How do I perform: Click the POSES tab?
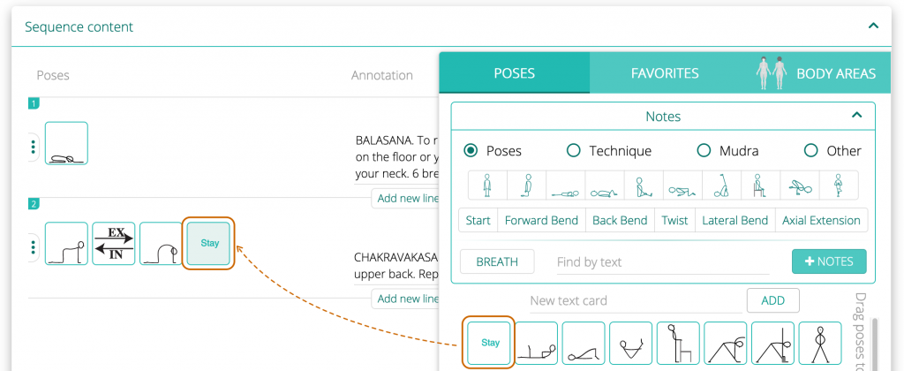point(514,73)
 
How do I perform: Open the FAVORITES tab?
point(664,73)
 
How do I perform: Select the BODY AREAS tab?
point(835,73)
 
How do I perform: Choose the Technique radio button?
point(574,151)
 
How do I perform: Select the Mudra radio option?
point(704,151)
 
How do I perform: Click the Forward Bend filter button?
point(541,220)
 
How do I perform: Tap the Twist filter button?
point(674,220)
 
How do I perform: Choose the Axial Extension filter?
point(821,220)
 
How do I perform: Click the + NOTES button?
point(829,261)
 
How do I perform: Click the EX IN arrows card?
point(114,244)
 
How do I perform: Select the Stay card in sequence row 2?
point(209,244)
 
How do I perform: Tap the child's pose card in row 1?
point(66,144)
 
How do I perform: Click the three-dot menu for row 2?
point(34,246)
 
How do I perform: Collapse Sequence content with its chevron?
point(873,26)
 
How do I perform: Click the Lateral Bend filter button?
point(734,220)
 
